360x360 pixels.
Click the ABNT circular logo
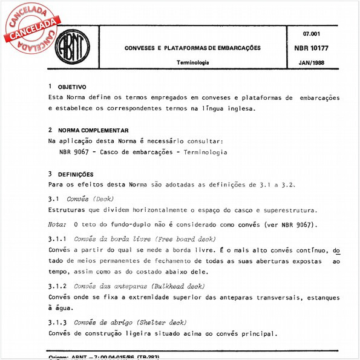72,47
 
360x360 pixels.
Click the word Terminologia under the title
192,62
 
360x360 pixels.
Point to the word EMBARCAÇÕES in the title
237,47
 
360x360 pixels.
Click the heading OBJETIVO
72,87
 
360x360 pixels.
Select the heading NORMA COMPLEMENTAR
93,130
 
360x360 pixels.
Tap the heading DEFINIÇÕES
75,174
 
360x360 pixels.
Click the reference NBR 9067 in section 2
75,152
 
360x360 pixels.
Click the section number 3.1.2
57,286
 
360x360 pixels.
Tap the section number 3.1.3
57,322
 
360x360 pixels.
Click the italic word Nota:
57,224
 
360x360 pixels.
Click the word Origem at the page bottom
59,357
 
